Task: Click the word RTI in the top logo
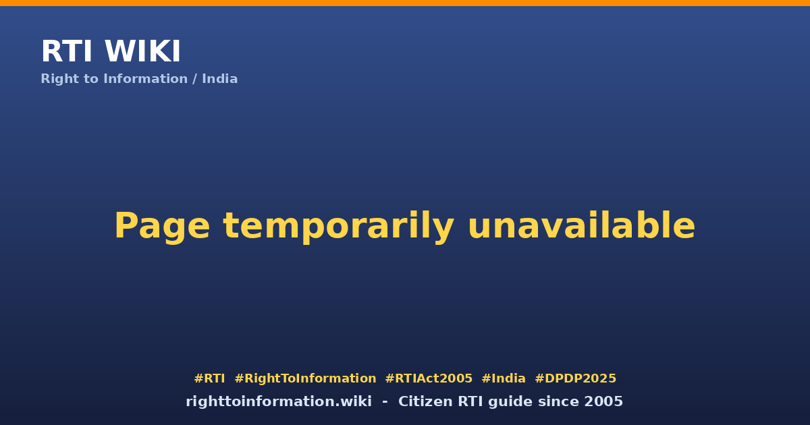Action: point(67,51)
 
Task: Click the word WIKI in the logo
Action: point(142,51)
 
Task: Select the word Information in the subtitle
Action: point(145,79)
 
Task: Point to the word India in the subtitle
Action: point(220,79)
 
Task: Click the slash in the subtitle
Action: point(194,79)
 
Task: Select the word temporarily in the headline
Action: point(338,227)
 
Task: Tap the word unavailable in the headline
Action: point(581,225)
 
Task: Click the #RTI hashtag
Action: point(209,378)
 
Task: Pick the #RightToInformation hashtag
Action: point(305,378)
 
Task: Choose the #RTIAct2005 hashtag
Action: point(429,378)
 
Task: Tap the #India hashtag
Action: point(504,378)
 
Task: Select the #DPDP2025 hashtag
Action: point(575,378)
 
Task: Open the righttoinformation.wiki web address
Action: point(279,401)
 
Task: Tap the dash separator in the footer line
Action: point(385,402)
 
